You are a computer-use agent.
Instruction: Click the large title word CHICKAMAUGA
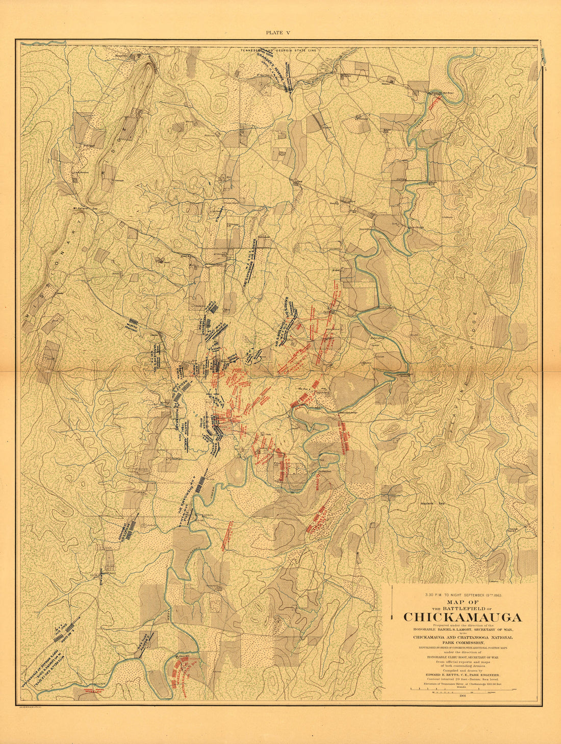[x=463, y=617]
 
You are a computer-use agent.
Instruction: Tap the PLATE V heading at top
[x=278, y=32]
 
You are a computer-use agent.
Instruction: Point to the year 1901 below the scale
[x=463, y=695]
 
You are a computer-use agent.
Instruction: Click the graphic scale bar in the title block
[x=463, y=689]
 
